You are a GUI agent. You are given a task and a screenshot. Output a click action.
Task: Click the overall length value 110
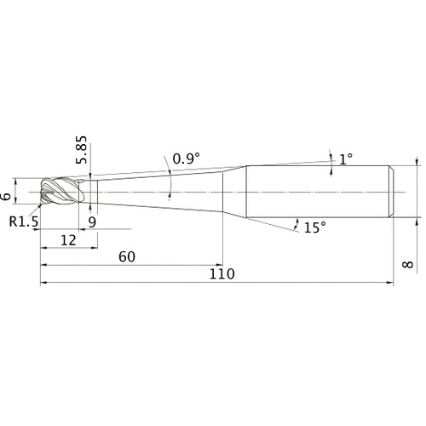tap(222, 273)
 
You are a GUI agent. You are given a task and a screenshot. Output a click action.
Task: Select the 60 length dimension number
tap(127, 256)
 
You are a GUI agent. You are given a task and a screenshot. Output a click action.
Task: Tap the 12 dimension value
tap(68, 240)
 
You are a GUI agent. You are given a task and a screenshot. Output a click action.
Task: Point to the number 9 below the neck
tap(92, 222)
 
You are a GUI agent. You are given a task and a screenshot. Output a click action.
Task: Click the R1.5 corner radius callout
tap(24, 222)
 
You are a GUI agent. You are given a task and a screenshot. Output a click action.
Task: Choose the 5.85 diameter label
tap(81, 150)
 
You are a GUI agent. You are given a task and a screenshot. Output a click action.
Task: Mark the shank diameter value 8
tap(408, 264)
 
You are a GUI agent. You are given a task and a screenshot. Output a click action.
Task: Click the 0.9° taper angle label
tap(187, 158)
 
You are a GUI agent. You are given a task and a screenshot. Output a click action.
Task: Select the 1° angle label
tap(346, 159)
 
